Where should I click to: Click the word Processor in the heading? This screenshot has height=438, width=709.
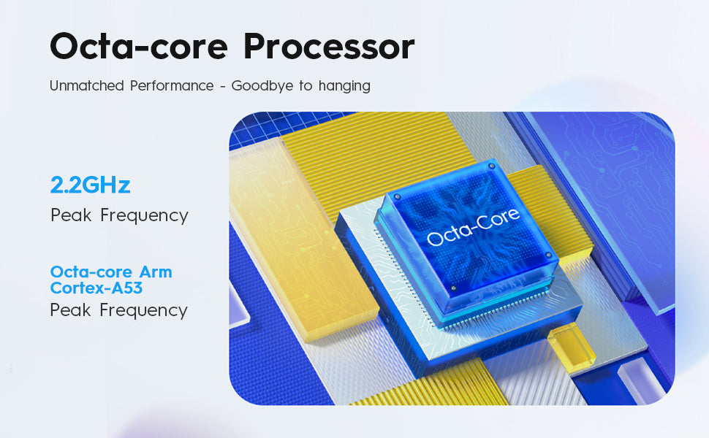[x=329, y=47]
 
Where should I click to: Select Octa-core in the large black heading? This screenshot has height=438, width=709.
[x=139, y=47]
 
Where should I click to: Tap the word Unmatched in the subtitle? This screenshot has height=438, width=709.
[x=87, y=85]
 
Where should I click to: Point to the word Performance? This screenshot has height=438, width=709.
[x=172, y=85]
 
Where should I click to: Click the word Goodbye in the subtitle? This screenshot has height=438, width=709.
[x=262, y=86]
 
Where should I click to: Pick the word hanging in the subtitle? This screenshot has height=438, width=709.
[x=344, y=86]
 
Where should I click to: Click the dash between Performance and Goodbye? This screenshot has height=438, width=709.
[x=222, y=86]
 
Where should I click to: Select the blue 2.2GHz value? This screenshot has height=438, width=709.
[x=91, y=185]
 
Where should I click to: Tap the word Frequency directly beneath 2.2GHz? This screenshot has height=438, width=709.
[x=144, y=215]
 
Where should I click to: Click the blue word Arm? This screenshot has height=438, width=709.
[x=156, y=272]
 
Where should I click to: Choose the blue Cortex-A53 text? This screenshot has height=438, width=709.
[x=96, y=288]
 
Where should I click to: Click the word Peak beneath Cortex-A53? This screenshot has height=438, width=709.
[x=71, y=310]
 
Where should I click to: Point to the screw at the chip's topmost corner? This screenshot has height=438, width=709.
[x=491, y=166]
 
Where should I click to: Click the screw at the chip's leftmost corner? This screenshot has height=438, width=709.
[x=398, y=197]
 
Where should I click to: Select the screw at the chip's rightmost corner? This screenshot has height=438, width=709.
[x=548, y=255]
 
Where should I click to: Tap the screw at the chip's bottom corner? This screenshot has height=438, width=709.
[x=453, y=288]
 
